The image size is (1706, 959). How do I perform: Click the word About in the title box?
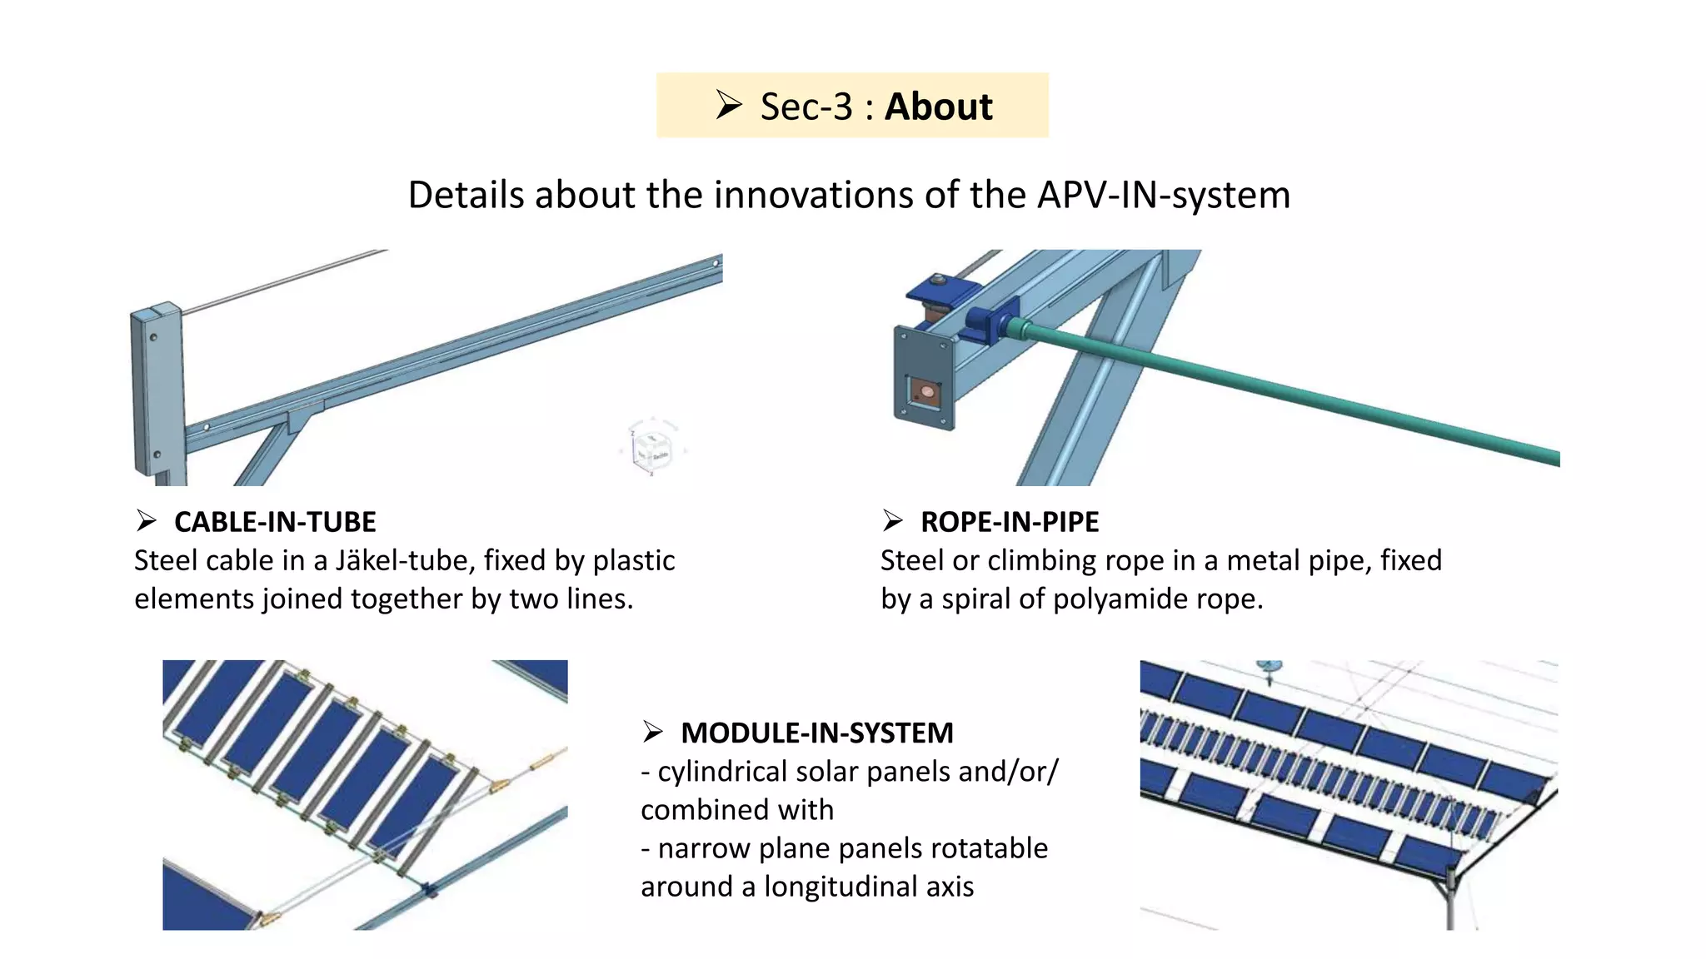(938, 107)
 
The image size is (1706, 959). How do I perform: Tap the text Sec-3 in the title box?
(806, 107)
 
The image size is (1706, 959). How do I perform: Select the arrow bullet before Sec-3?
(729, 105)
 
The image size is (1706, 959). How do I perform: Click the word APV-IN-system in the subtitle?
(1164, 195)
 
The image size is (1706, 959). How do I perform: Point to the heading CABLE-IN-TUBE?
(275, 522)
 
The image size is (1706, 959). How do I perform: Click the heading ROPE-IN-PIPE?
(1010, 522)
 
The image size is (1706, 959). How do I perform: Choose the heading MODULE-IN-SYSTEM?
(816, 733)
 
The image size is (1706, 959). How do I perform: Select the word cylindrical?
(722, 772)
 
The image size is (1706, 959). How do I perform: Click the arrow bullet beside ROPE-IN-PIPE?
(893, 521)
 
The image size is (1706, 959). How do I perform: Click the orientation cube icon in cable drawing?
(652, 449)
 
